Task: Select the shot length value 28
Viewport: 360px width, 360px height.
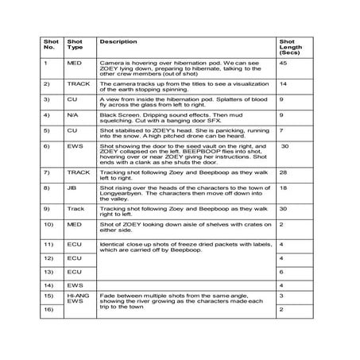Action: (x=284, y=172)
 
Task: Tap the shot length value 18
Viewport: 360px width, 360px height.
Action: (x=284, y=188)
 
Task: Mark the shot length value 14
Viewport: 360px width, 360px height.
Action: (x=284, y=83)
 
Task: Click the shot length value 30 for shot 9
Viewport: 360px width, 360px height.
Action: (x=284, y=210)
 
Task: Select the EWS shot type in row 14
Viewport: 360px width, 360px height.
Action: (x=74, y=285)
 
